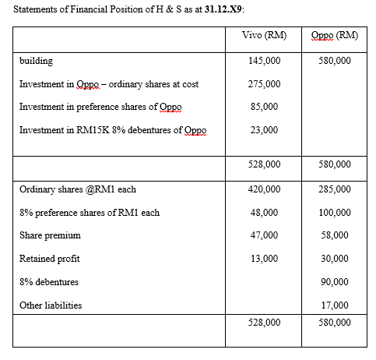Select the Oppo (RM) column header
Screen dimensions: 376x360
[334, 36]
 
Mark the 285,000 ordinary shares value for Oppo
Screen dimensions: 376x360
[335, 189]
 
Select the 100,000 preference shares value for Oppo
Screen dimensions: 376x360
[335, 212]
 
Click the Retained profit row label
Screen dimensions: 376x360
[50, 258]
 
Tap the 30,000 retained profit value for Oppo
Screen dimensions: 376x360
[335, 259]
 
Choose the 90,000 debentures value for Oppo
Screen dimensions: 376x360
[335, 282]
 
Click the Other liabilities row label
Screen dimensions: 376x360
[51, 305]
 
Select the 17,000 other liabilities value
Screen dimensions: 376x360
[335, 305]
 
